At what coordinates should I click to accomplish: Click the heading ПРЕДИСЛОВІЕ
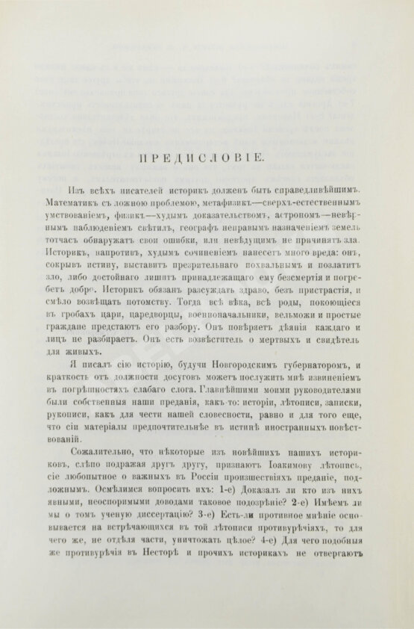pyautogui.click(x=207, y=157)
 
